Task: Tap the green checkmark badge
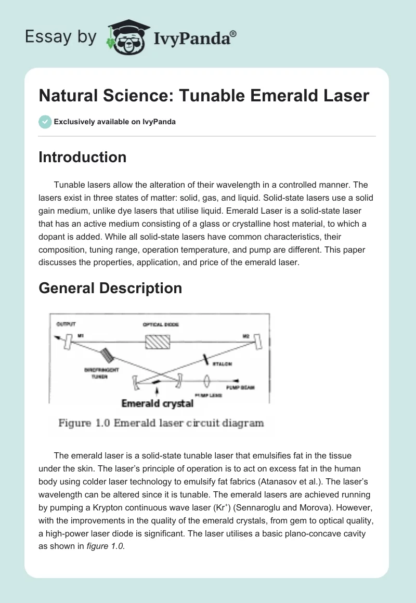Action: (x=45, y=122)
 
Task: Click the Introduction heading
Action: (x=82, y=157)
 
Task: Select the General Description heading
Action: (x=110, y=288)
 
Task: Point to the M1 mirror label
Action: (x=81, y=337)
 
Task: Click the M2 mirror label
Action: (x=246, y=337)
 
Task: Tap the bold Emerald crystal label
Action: (x=157, y=403)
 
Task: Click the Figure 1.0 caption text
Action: (x=161, y=423)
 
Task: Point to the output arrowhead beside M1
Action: (x=55, y=338)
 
